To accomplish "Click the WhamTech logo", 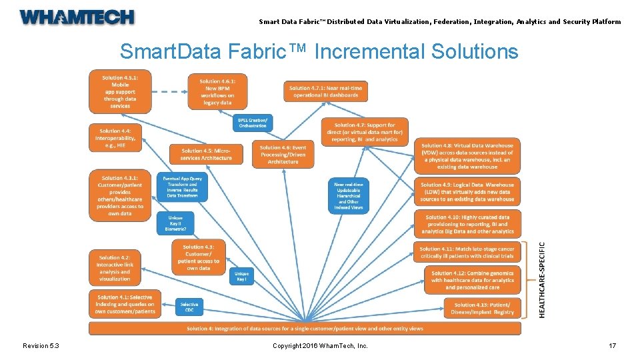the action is [77, 17].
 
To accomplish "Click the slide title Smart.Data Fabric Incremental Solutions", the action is [319, 51].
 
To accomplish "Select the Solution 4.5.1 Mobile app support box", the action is [120, 92].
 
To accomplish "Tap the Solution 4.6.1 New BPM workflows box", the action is [217, 92].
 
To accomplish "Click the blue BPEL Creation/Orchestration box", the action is [252, 123].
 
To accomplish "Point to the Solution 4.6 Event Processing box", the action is [283, 155].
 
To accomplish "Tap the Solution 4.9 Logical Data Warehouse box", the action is [469, 192].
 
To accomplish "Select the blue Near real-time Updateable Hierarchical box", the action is [349, 196].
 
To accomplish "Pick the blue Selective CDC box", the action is [189, 307].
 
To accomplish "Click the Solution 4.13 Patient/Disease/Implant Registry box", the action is [483, 308].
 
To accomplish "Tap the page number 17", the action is [612, 345].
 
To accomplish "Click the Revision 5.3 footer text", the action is [41, 345].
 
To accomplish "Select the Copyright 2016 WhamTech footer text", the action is [320, 345].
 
